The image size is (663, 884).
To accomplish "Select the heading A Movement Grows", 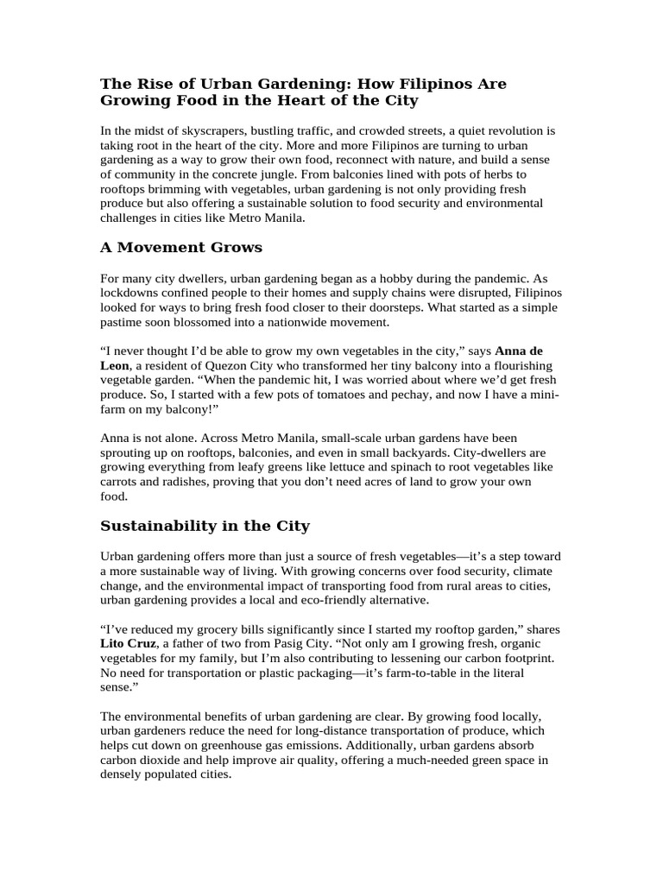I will click(x=181, y=248).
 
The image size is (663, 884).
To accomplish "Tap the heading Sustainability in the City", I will click(x=205, y=526).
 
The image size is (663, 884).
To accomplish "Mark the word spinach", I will click(x=404, y=467).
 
